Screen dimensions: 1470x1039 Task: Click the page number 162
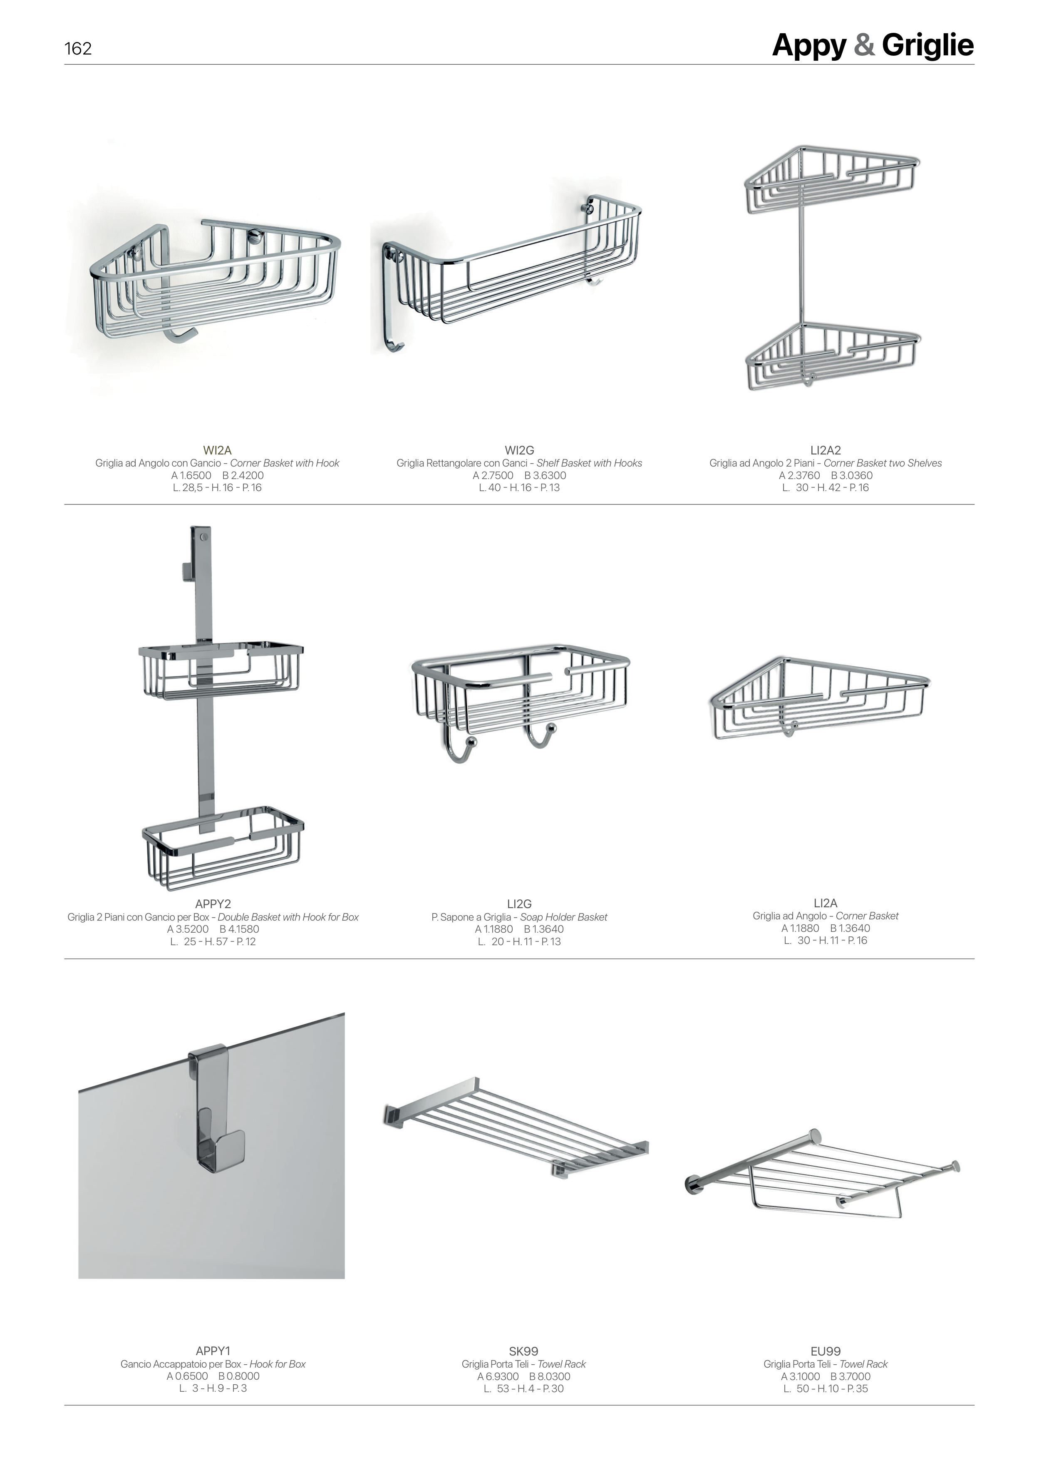[78, 49]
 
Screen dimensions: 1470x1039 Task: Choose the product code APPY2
[213, 904]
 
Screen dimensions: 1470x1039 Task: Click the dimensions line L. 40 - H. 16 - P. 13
[519, 487]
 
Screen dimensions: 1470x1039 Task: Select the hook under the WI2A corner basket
[181, 334]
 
